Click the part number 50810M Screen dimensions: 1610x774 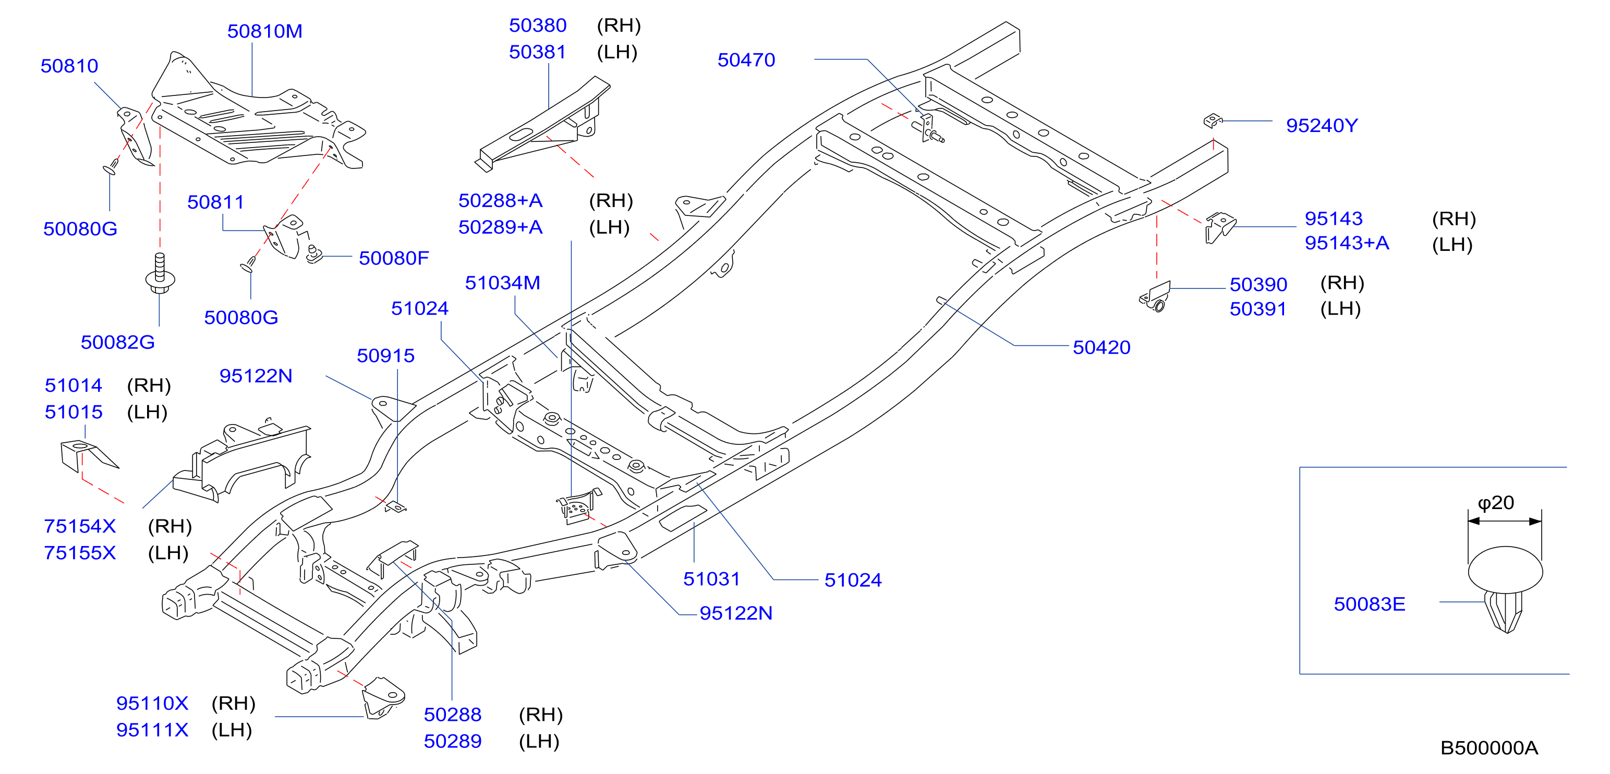264,31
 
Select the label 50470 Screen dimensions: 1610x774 746,60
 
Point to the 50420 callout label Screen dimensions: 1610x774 1101,347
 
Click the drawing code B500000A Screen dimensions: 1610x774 1489,748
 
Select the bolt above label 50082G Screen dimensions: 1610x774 160,273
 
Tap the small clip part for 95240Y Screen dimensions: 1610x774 1213,120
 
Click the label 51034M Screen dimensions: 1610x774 502,283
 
